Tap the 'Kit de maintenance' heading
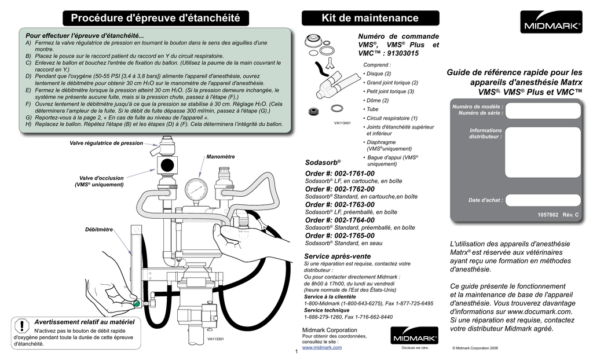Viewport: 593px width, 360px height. (369, 18)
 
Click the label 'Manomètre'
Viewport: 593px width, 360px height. (221, 157)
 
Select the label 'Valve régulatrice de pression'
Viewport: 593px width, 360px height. (106, 143)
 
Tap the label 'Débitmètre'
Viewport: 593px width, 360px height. (99, 230)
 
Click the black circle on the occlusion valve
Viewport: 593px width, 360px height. (167, 163)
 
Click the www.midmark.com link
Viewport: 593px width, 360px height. (322, 348)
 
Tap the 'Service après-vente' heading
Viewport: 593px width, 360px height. (337, 256)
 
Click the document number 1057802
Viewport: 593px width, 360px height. (547, 215)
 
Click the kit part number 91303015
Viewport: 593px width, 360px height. (415, 53)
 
